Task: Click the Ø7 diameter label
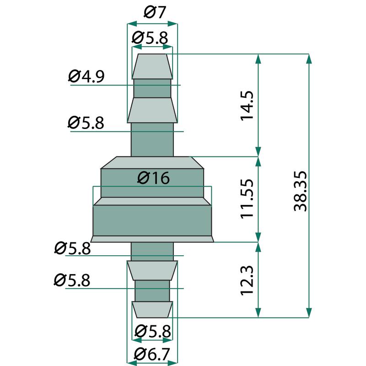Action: tap(155, 12)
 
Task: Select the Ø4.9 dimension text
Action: tap(86, 76)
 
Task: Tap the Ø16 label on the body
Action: tap(153, 178)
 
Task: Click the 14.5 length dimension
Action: tap(247, 106)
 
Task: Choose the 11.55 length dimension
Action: tap(247, 199)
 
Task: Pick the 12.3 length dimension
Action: tap(247, 280)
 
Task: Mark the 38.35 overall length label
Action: tap(300, 191)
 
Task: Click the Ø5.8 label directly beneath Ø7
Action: tap(150, 38)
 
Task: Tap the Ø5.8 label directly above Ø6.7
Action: tap(153, 331)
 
